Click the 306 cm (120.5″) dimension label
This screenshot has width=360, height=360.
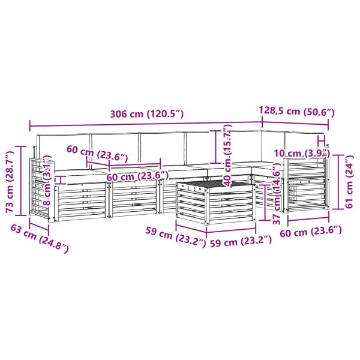click(x=147, y=114)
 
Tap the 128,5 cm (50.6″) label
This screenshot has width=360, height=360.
click(x=296, y=111)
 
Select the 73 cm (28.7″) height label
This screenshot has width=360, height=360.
click(x=10, y=182)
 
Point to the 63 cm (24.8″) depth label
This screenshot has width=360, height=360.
click(x=40, y=239)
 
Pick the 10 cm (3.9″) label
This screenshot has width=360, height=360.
click(x=302, y=153)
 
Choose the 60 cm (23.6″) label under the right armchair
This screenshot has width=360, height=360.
click(x=311, y=232)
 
